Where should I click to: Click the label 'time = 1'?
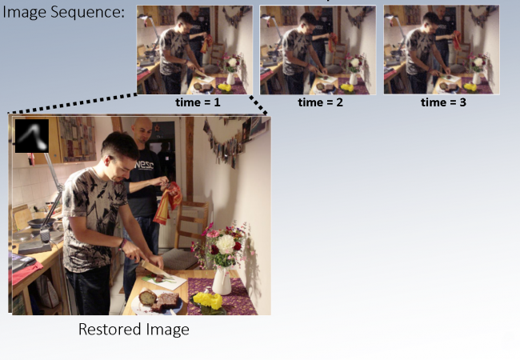[198, 102]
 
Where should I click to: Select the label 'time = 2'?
[320, 102]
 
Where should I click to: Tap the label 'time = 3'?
[443, 102]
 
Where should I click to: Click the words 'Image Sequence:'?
[63, 12]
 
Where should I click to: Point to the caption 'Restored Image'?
[134, 330]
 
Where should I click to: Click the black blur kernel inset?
[32, 136]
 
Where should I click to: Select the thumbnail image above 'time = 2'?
[318, 50]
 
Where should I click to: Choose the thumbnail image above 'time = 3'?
[442, 50]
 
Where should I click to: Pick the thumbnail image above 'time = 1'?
[194, 50]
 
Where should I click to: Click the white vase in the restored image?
[222, 280]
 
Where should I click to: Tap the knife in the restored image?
[154, 268]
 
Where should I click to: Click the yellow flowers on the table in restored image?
[208, 300]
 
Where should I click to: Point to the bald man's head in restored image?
[142, 130]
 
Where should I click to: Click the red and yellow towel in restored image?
[168, 203]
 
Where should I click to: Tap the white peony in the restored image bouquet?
[226, 244]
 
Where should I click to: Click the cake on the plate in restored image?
[159, 300]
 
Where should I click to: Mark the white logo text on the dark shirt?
[144, 165]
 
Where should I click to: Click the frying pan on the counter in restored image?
[39, 222]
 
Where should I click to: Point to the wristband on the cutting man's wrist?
[122, 245]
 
